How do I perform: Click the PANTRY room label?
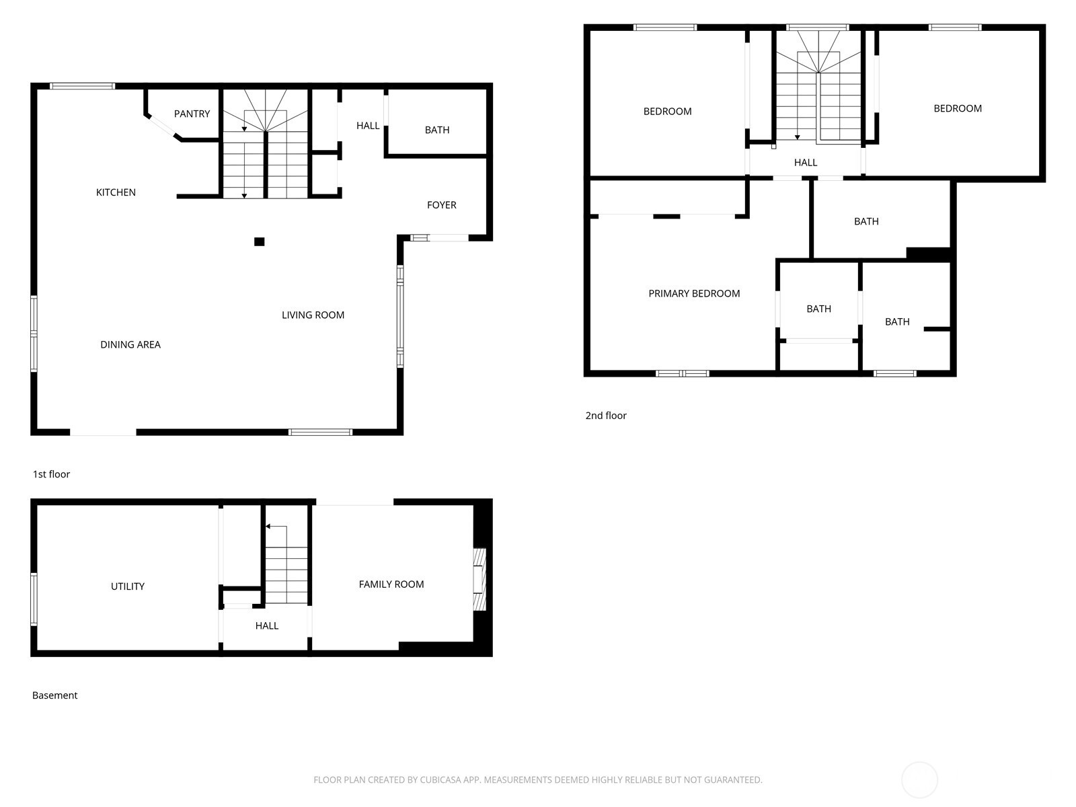click(192, 114)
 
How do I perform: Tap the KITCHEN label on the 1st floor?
click(116, 192)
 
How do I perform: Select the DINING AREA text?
click(130, 344)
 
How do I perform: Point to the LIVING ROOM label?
click(313, 315)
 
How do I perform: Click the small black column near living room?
click(259, 241)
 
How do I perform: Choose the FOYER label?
click(441, 205)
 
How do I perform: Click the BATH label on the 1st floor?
click(436, 130)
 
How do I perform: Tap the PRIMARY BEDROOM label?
click(694, 293)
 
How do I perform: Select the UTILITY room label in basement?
click(127, 586)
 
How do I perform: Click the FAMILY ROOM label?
click(391, 584)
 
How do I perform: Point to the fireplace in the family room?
click(479, 580)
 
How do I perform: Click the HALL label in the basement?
click(266, 625)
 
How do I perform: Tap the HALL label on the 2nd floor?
click(805, 162)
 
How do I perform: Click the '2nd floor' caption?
click(605, 416)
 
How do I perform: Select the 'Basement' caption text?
click(54, 695)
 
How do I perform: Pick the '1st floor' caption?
click(51, 474)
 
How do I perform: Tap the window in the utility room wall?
click(34, 599)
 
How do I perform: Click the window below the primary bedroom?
click(682, 373)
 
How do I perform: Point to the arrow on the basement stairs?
click(268, 527)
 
